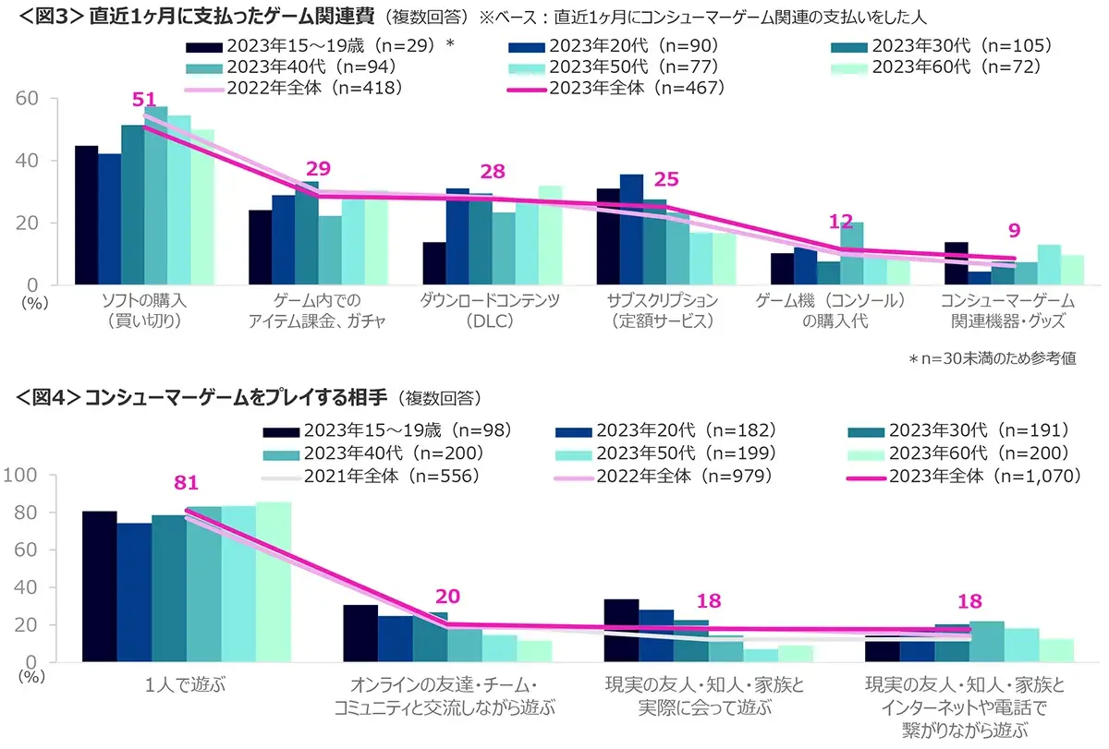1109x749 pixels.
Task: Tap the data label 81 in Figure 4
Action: (186, 482)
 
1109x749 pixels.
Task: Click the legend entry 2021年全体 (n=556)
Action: (370, 475)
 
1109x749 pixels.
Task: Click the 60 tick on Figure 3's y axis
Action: (30, 99)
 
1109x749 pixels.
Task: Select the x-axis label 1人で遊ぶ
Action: (186, 686)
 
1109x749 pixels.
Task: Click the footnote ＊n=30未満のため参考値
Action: (992, 357)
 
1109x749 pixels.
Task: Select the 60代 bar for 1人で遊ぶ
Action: (274, 582)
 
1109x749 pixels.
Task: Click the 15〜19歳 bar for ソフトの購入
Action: (86, 215)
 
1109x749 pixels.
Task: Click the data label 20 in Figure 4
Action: (447, 597)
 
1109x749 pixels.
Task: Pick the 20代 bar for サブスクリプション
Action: (631, 229)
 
